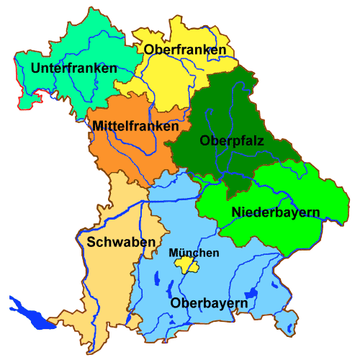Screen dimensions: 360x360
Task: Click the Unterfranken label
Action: coord(74,68)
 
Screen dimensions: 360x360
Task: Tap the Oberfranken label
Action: coord(185,50)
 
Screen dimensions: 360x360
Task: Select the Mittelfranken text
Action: coord(135,126)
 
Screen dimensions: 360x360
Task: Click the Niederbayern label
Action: coord(276,212)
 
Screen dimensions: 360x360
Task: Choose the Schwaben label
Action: coord(120,241)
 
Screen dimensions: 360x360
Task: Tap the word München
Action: coord(194,253)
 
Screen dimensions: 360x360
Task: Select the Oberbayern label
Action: coord(210,303)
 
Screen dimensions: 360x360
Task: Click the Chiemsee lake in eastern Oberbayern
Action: coord(251,294)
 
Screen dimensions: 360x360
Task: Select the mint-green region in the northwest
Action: coord(86,43)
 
